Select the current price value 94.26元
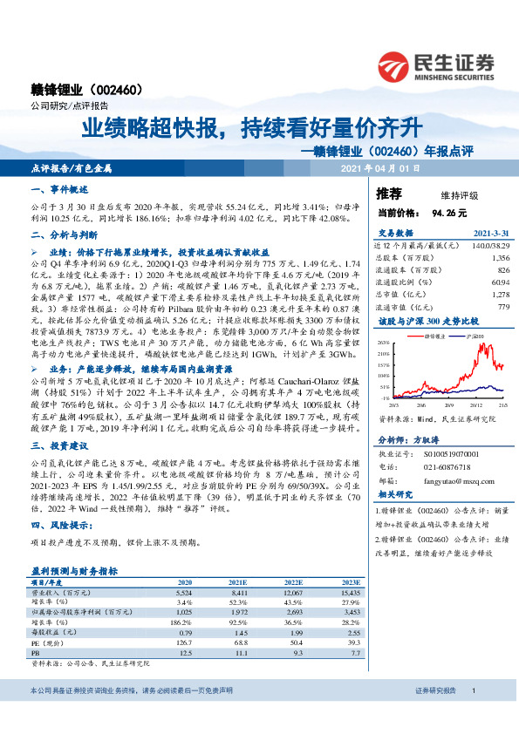tap(449, 212)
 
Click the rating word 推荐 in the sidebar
tap(389, 194)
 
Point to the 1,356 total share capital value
tap(499, 258)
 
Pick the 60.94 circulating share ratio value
tap(499, 282)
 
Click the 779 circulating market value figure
tap(502, 306)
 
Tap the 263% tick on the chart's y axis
tap(384, 344)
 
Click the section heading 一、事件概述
tap(58, 189)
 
